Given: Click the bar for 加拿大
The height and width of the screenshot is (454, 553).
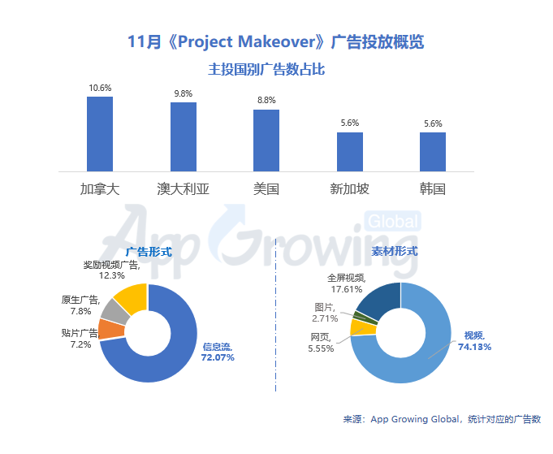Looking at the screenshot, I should pos(100,134).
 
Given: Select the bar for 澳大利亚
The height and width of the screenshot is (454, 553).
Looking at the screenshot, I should pos(183,136).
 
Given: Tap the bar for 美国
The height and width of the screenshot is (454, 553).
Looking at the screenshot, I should pos(266,140).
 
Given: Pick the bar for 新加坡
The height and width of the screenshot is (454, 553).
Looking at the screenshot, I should pos(349,151).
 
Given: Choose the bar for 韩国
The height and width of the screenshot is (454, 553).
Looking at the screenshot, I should pos(433,151).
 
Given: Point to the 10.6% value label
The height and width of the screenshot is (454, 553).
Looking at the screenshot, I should pos(100,88).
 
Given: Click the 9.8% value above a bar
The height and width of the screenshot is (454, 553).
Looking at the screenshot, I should pos(183,93).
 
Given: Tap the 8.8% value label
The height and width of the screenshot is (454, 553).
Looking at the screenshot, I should pos(266,101).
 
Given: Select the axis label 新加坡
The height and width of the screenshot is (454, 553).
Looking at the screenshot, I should pos(349,189).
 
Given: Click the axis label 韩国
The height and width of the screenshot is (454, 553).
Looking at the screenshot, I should pos(433,189).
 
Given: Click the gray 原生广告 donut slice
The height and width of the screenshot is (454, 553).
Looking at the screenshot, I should pos(111,310).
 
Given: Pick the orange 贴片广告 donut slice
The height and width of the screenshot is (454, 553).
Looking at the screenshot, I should pos(109,329).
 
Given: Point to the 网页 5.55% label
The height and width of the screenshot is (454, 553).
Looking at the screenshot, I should pos(321,342).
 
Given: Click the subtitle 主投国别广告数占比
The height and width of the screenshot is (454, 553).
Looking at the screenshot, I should pos(266,70).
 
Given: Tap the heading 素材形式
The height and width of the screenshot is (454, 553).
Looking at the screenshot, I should pos(395,251).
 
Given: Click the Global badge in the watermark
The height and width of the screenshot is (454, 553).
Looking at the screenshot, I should pos(394,221).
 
